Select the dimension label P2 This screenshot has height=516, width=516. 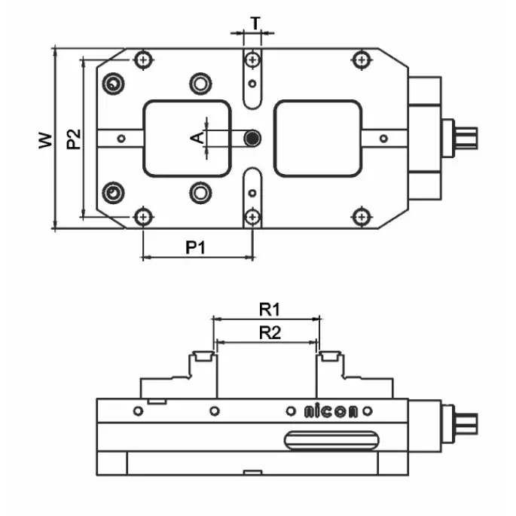tap(72, 139)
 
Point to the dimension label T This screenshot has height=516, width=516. tap(255, 23)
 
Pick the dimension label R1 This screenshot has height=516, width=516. tap(269, 308)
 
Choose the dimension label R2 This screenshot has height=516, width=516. tap(269, 331)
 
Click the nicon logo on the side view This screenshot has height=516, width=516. tap(331, 411)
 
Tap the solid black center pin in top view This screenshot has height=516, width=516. tap(254, 138)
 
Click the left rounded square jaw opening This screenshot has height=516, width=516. tap(187, 138)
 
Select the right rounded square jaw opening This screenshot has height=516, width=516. tap(318, 138)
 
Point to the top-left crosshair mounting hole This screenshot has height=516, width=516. tap(143, 59)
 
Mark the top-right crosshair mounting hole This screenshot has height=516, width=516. tap(363, 59)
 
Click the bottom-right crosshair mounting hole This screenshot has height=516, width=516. tap(363, 218)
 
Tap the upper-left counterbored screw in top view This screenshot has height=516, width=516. tap(114, 83)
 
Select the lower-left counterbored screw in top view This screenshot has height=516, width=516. tap(114, 193)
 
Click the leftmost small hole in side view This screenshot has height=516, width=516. tap(137, 411)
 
